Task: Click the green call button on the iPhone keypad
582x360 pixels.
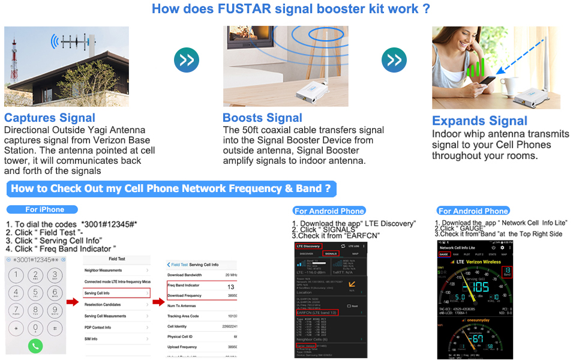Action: point(35,346)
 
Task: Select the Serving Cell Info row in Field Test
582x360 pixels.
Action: point(116,293)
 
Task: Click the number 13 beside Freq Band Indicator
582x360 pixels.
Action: point(230,287)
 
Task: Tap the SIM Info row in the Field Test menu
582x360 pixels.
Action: point(116,339)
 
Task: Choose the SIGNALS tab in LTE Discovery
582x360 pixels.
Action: point(331,254)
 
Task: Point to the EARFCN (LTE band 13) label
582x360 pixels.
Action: point(317,313)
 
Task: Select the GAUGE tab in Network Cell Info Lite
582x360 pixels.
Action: point(445,254)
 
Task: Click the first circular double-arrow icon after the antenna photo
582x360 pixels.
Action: point(186,59)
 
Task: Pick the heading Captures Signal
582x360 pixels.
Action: point(50,118)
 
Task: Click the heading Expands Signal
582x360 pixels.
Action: point(479,121)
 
